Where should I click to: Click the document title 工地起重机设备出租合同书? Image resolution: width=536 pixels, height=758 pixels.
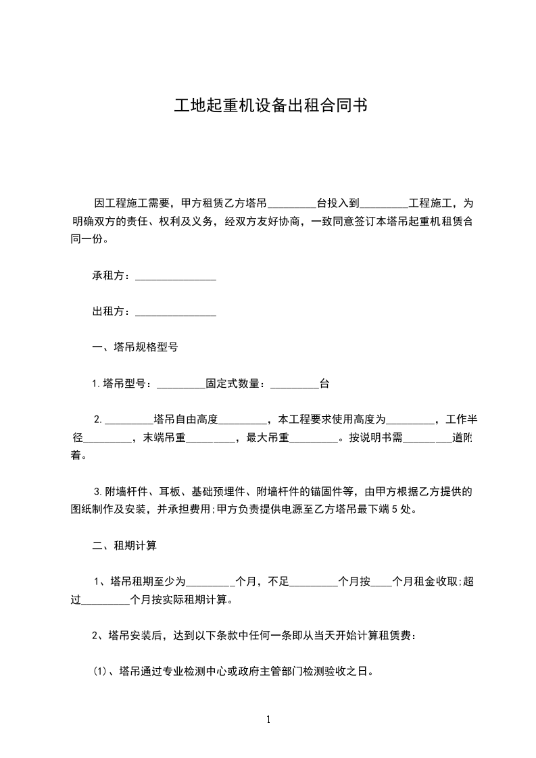(x=270, y=106)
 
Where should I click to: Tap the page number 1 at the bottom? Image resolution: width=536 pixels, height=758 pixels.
(x=268, y=719)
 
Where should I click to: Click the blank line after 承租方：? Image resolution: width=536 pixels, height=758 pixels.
(x=176, y=276)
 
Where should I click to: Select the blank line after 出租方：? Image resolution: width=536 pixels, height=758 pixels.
(x=176, y=312)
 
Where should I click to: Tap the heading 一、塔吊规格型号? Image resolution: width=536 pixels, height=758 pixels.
(x=135, y=348)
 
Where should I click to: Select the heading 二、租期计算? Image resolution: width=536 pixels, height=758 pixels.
(x=124, y=545)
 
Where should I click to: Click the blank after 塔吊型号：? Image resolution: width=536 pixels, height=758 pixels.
(x=180, y=384)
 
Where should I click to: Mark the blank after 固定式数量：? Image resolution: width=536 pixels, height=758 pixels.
(x=294, y=384)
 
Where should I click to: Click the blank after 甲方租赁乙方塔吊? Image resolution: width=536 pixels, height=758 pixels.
(x=292, y=203)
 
